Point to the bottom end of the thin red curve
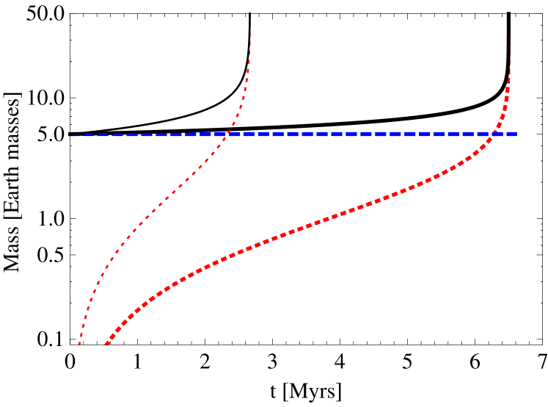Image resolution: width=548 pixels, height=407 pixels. tap(79, 343)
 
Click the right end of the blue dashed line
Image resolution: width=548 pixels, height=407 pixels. tap(516, 134)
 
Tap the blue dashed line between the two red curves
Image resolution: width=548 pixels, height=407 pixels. tap(359, 134)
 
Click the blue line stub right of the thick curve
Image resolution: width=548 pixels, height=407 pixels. tap(511, 134)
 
